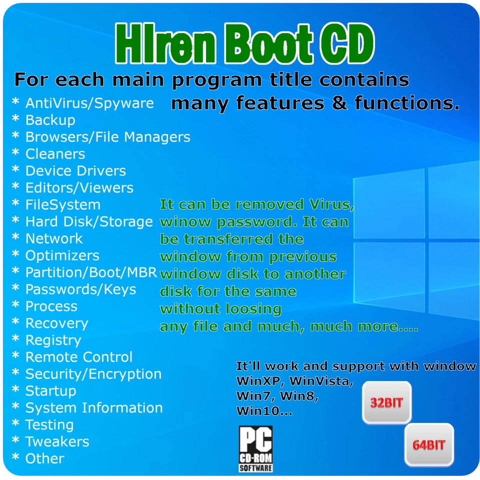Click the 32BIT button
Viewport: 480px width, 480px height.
386,403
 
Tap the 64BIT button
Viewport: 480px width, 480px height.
428,444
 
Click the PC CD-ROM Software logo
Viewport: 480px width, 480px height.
255,448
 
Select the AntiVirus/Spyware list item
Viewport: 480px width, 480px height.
89,103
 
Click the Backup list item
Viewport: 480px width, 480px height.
50,120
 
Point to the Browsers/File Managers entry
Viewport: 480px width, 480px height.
107,137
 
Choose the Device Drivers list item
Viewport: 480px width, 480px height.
75,171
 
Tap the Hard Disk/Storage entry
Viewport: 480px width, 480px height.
89,221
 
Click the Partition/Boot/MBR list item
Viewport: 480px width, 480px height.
91,272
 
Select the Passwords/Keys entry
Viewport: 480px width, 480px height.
80,289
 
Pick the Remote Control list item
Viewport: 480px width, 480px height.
79,357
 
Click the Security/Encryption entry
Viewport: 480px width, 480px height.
93,374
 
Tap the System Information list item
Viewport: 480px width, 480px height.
94,408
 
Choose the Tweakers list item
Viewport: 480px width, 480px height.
57,442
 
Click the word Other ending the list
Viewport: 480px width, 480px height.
45,458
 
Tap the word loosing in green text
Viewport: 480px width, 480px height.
251,309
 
